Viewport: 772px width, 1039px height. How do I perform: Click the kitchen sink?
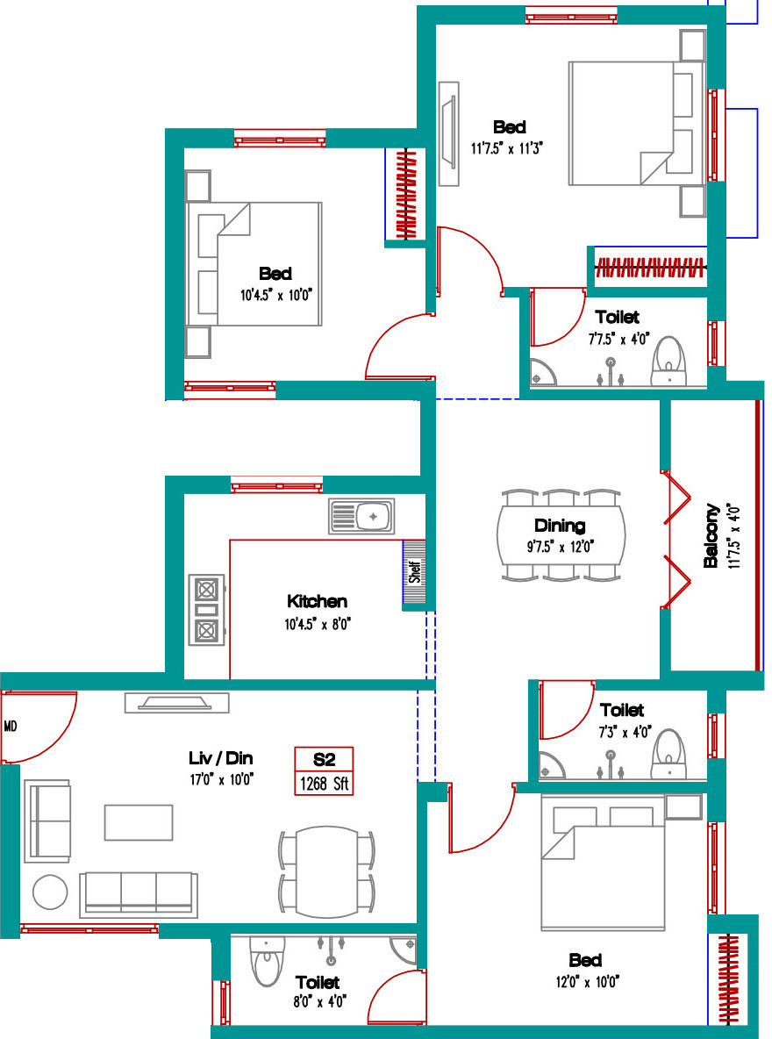pyautogui.click(x=361, y=516)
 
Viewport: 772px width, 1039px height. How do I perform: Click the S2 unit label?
pyautogui.click(x=324, y=759)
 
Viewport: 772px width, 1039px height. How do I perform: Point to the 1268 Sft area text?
pyautogui.click(x=324, y=784)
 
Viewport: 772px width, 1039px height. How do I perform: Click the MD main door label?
pyautogui.click(x=10, y=727)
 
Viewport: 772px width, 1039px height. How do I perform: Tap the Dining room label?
pyautogui.click(x=560, y=526)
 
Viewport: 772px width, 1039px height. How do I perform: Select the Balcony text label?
pyautogui.click(x=711, y=535)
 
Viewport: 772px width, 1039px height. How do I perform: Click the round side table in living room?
pyautogui.click(x=50, y=892)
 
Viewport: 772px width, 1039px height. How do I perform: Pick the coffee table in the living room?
pyautogui.click(x=139, y=822)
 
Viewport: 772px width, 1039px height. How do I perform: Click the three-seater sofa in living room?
pyautogui.click(x=139, y=894)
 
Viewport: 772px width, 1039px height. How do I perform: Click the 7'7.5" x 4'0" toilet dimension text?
pyautogui.click(x=619, y=339)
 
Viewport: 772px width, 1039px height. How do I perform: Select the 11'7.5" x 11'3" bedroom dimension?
pyautogui.click(x=507, y=148)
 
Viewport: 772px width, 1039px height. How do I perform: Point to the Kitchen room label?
pyautogui.click(x=317, y=601)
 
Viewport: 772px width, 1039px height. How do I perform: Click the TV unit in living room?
pyautogui.click(x=177, y=703)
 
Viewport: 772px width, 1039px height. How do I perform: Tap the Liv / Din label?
pyautogui.click(x=221, y=758)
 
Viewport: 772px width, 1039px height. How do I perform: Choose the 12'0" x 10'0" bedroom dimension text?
pyautogui.click(x=586, y=981)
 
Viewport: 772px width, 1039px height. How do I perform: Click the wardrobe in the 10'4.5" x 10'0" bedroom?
pyautogui.click(x=405, y=195)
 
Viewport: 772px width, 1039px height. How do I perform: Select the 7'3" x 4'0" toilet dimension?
pyautogui.click(x=625, y=732)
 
